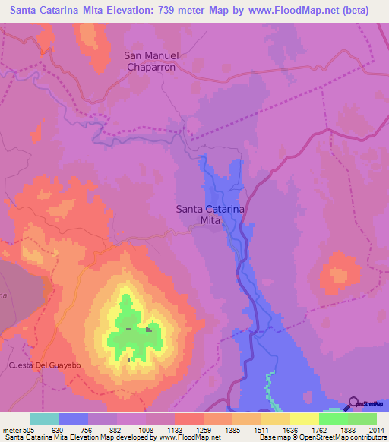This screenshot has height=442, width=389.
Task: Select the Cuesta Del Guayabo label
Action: pos(45,365)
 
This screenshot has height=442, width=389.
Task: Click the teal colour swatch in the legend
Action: pos(45,418)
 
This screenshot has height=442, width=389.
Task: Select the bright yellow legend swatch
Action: pos(304,418)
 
